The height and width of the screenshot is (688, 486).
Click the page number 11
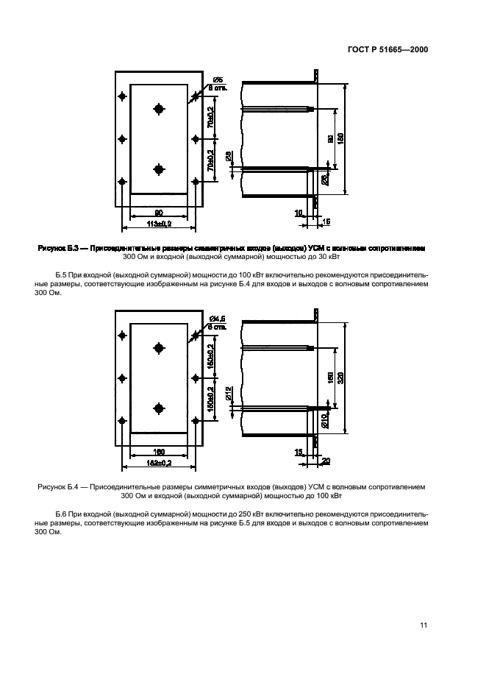[x=424, y=625]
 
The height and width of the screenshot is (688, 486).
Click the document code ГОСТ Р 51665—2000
[x=387, y=50]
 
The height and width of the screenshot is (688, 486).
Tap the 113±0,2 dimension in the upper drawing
[x=158, y=223]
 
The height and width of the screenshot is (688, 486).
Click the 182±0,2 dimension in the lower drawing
[x=158, y=463]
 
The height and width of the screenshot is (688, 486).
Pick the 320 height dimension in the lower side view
[x=341, y=377]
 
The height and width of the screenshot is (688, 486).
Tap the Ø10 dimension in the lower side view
[x=324, y=420]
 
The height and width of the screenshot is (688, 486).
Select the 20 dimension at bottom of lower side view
[x=326, y=461]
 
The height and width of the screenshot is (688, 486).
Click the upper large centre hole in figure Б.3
[x=159, y=110]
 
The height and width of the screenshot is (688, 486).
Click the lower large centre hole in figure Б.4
[x=159, y=408]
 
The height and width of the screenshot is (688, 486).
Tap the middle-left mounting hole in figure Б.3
[x=122, y=138]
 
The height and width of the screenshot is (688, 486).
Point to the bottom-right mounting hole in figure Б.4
[x=195, y=420]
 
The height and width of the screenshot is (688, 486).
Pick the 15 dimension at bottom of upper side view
[x=326, y=221]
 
